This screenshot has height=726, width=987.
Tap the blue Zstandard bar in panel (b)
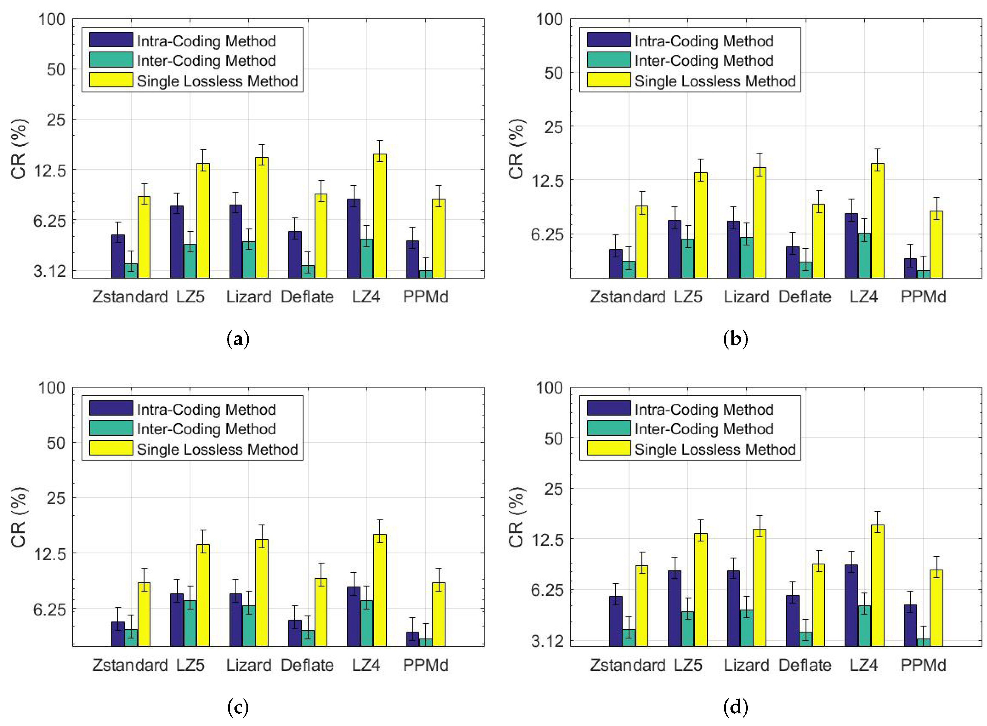coord(615,263)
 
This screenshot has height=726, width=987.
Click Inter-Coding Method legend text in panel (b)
coord(704,61)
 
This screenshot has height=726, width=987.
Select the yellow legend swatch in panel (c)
coord(111,448)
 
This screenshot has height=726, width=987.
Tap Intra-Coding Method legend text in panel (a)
coord(206,41)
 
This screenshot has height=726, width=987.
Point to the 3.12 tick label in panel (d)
coord(547,641)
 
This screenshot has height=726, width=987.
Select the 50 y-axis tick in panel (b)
coord(553,73)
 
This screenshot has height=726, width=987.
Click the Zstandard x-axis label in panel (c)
coord(130,665)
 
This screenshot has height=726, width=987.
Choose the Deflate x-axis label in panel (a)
coord(307,297)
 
